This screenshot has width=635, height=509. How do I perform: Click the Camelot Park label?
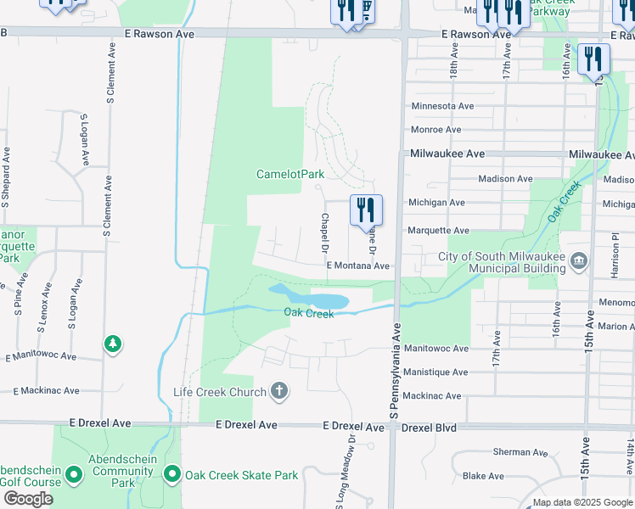pos(290,174)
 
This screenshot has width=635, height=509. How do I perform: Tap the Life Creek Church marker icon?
pos(279,391)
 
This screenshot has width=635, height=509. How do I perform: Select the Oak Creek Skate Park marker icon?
pos(172,475)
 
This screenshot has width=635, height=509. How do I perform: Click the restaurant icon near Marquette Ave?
pos(366,210)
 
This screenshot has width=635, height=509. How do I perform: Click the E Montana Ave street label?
pos(358,266)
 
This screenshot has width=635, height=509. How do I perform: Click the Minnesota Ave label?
pos(442,106)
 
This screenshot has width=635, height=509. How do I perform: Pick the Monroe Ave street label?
pos(436,130)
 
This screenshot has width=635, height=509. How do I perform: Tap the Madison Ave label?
pos(505,179)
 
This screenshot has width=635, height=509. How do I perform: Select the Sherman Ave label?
pos(520,452)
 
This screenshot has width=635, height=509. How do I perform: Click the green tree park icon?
pos(112,344)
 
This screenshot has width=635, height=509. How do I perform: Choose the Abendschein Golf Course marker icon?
pos(74,475)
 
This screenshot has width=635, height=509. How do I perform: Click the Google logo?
pos(27,499)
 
